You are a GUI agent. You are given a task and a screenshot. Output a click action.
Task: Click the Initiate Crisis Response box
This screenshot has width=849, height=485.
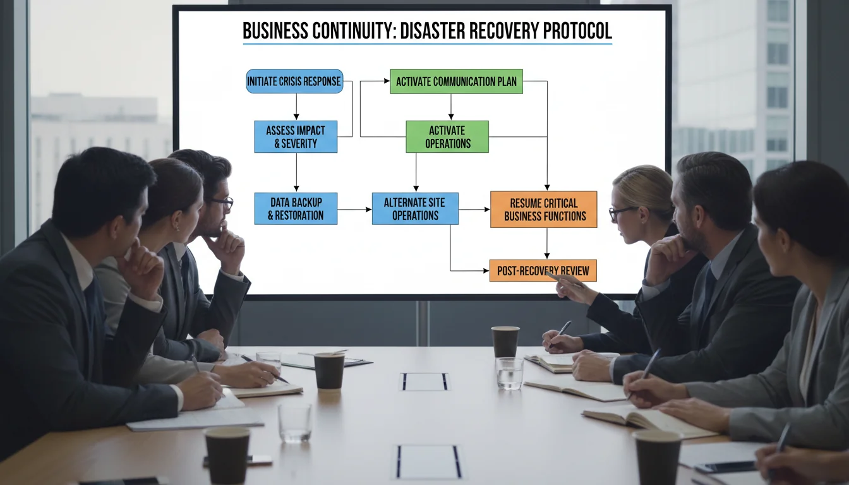(x=294, y=81)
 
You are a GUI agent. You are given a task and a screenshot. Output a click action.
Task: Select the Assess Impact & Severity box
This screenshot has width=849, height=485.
(x=296, y=137)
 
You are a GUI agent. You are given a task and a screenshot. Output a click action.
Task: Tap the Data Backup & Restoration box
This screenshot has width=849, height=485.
(x=296, y=209)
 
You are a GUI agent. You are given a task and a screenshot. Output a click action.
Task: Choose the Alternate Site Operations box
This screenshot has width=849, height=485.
(x=415, y=209)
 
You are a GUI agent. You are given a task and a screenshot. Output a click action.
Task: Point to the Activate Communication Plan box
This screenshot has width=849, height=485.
(x=456, y=81)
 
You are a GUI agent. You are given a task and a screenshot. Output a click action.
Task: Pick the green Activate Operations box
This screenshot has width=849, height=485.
(x=447, y=137)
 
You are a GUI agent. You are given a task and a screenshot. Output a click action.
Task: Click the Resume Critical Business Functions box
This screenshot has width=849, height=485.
(x=543, y=210)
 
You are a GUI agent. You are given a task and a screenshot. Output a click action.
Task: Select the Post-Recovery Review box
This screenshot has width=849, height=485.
(x=543, y=271)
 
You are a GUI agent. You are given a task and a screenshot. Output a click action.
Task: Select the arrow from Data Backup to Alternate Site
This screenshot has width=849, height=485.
(x=354, y=209)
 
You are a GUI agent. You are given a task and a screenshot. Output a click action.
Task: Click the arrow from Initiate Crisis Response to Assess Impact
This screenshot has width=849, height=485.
(x=296, y=107)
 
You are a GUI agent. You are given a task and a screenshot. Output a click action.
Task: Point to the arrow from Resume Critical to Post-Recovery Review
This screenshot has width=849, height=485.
(x=546, y=243)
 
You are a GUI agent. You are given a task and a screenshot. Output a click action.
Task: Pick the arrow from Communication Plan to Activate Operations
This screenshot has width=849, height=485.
(x=450, y=107)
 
